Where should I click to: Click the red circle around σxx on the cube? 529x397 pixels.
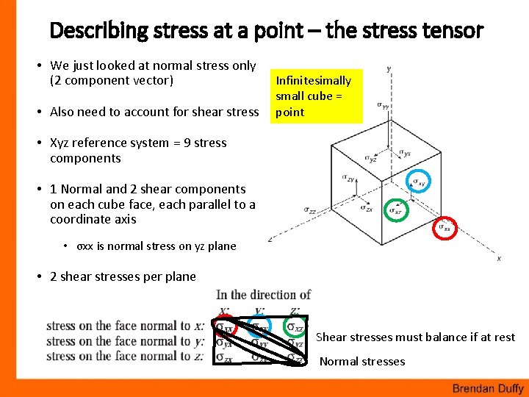[446, 229]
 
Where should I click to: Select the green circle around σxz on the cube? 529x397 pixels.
[397, 211]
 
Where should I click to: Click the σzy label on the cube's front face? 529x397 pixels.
[348, 178]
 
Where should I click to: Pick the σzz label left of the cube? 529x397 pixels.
[310, 210]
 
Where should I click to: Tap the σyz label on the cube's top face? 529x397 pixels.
[373, 157]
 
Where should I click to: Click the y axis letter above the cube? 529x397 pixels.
[389, 69]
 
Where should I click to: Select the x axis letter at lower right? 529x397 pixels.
[499, 259]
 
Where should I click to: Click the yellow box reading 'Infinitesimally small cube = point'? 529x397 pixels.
[318, 96]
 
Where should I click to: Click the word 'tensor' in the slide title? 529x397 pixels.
[454, 31]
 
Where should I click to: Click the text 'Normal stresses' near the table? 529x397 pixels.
[362, 361]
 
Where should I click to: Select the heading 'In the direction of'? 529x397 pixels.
[264, 295]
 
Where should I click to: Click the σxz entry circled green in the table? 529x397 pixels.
[296, 326]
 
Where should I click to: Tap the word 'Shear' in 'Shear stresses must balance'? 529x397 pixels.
[331, 337]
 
